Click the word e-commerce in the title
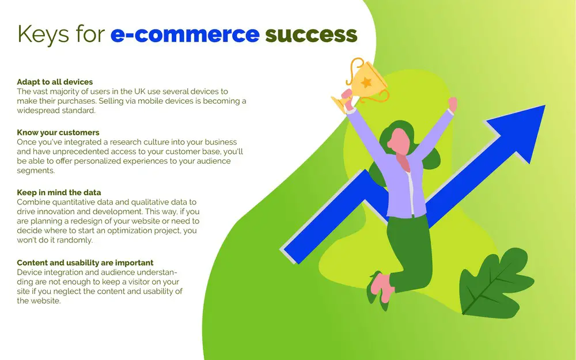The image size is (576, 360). pos(185,35)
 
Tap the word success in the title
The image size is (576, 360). pos(311,35)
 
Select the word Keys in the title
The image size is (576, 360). pos(43,35)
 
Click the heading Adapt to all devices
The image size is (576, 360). pos(55,82)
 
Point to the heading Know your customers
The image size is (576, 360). pos(58,132)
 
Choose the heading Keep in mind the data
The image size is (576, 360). pos(59,192)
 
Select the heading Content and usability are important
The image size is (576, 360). pos(85,263)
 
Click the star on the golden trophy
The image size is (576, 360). pos(366,82)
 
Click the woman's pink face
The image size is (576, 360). pos(399,142)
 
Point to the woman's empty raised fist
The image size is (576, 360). pos(453,103)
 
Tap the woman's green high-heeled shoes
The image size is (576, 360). pos(377,290)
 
